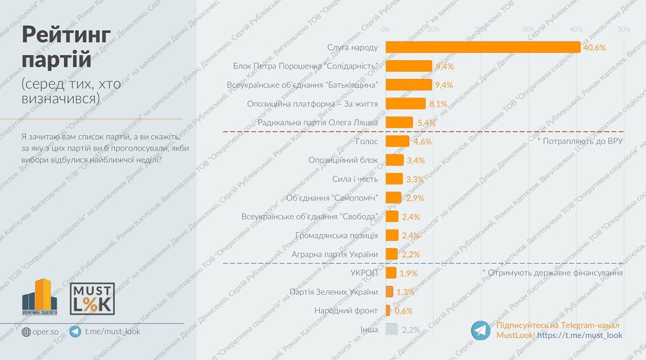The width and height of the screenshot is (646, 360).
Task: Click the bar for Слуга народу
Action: [483, 47]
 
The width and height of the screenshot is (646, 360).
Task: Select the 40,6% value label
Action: [594, 48]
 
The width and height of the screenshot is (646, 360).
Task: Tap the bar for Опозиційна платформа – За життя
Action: [406, 103]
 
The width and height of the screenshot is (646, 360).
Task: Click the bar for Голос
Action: [397, 141]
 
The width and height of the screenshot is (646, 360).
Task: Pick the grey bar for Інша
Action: [391, 330]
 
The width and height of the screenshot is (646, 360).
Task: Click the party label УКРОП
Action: [364, 273]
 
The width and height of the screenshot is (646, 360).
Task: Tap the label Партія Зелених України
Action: [335, 291]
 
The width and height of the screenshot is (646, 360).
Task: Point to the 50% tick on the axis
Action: [623, 30]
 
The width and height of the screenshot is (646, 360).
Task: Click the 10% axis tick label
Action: [433, 30]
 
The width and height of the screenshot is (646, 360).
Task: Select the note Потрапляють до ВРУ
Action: [579, 140]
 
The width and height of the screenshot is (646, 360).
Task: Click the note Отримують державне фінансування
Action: [552, 273]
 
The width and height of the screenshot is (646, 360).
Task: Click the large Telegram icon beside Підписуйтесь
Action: [481, 330]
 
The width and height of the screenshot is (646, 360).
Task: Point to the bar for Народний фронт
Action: [388, 311]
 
